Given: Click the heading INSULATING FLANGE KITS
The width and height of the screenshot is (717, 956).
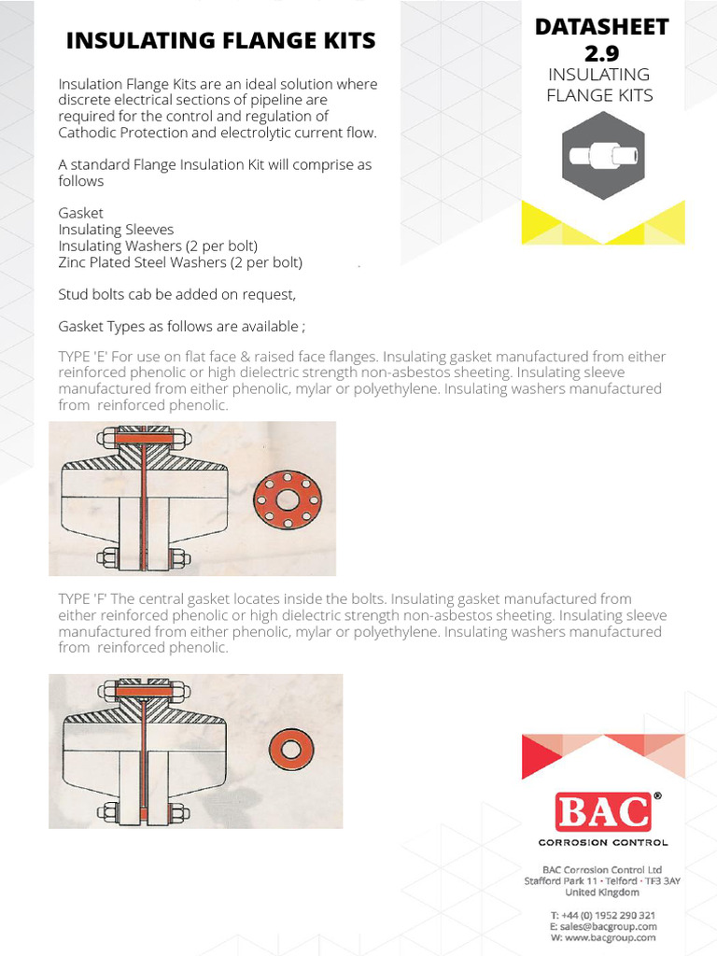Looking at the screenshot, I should pos(220,41).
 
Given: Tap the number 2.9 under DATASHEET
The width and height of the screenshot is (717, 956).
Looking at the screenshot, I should pos(601,53).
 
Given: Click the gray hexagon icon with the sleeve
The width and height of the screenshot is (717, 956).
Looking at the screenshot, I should pos(602,156).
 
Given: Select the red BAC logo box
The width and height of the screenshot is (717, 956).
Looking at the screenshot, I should pos(602,811).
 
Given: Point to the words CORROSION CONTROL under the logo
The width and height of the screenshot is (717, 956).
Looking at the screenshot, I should pos(602,842).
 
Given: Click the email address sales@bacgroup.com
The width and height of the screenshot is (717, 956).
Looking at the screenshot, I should pos(608,926).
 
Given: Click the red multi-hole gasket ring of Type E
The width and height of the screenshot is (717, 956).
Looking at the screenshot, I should pos(287,501).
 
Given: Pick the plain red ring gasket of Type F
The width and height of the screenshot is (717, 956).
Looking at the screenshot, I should pos(291,750).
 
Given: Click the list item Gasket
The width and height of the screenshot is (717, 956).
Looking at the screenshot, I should pos(80,213).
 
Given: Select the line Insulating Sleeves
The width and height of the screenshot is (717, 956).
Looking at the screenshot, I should pos(116,230).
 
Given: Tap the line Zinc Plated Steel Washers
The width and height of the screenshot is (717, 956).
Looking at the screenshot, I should pos(180,263).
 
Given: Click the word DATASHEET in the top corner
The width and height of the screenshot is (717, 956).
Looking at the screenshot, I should pos(601,27).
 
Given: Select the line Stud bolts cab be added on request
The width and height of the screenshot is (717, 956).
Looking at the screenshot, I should pos(176,295).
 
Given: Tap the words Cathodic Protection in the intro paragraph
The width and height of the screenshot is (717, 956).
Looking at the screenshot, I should pos(119,133).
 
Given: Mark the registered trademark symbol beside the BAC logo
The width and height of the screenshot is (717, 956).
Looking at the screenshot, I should pos(657,796).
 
